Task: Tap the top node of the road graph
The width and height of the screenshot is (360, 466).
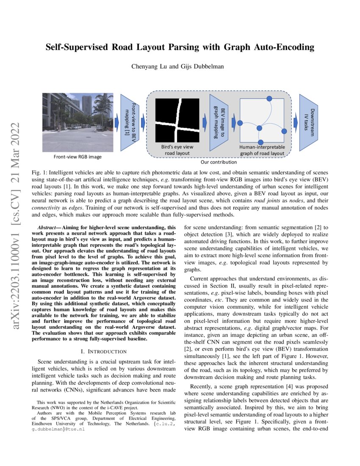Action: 269,99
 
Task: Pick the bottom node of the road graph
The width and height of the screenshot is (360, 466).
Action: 260,142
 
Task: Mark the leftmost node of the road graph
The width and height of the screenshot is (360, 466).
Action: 240,123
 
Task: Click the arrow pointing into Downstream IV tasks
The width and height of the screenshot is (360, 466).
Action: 295,122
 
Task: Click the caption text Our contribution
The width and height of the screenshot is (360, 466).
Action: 218,162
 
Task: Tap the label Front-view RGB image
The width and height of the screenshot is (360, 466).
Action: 78,157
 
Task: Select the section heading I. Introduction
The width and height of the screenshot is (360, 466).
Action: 104,351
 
